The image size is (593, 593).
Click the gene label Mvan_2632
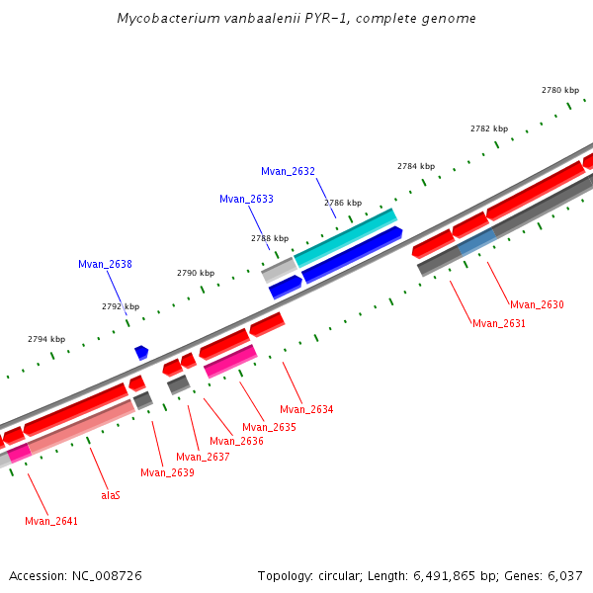[288, 171]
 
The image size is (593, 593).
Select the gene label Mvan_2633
[246, 199]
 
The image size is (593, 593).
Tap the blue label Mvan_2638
[105, 264]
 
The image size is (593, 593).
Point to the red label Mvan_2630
[537, 304]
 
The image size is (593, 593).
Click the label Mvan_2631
[499, 323]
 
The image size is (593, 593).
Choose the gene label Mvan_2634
[306, 409]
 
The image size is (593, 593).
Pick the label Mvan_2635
[269, 427]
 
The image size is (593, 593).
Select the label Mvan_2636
[236, 441]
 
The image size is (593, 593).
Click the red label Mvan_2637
[203, 457]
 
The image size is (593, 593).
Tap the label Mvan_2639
[167, 472]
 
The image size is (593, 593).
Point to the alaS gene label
[111, 495]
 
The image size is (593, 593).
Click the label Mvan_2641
[51, 521]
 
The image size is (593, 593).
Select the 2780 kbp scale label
[559, 90]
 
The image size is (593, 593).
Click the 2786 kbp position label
[342, 203]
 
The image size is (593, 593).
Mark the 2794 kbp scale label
[45, 339]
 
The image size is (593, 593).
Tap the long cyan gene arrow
[345, 237]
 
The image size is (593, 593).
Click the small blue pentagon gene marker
[141, 352]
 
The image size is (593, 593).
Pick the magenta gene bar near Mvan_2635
[230, 361]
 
